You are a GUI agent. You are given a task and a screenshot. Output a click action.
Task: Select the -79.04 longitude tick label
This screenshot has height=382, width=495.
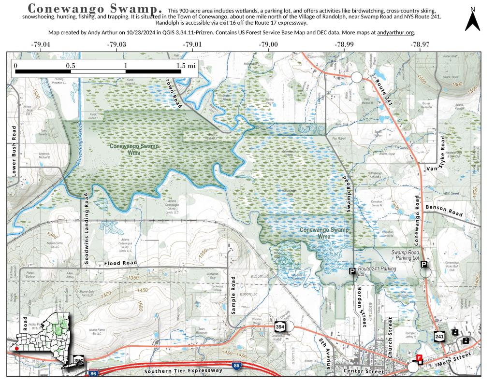pos(41,44)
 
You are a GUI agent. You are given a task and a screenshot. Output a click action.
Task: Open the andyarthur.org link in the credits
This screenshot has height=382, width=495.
pos(395,33)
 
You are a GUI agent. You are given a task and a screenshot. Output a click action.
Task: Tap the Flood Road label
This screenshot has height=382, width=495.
pos(120,263)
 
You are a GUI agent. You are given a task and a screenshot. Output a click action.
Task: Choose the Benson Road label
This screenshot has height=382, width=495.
pos(444,211)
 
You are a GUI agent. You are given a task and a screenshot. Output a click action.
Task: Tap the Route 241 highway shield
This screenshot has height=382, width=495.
pos(439,336)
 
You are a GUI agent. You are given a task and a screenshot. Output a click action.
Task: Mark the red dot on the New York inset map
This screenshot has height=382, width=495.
pos(16,348)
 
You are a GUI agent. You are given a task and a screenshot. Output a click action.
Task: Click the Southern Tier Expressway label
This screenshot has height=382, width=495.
pos(183,371)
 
